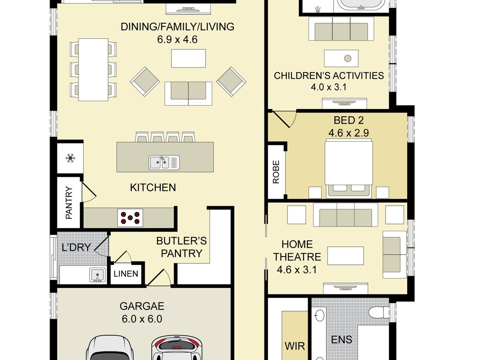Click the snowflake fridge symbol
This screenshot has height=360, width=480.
tap(70, 158)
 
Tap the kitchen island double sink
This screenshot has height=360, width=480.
tap(164, 163)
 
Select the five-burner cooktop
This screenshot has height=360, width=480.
tap(130, 218)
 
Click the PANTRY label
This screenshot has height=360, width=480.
tap(69, 203)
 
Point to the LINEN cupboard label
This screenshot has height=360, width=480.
tap(126, 274)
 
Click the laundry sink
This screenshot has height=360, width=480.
tap(98, 275)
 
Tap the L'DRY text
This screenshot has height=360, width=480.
tap(76, 248)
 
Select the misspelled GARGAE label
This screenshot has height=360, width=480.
tap(142, 306)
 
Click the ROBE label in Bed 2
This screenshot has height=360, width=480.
tap(276, 172)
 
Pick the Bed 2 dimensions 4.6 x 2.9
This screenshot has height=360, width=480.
tap(348, 133)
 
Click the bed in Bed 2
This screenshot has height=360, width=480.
tap(349, 168)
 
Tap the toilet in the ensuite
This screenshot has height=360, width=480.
tap(379, 312)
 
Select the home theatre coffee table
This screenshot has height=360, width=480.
tap(346, 256)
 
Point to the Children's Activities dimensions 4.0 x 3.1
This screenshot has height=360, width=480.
tap(329, 87)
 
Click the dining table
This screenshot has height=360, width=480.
tap(93, 70)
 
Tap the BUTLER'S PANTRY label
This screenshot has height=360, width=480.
tap(182, 247)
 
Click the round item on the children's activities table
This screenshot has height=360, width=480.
tap(348, 58)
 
